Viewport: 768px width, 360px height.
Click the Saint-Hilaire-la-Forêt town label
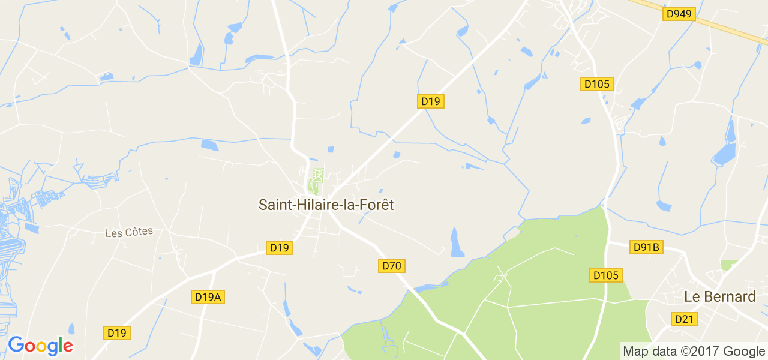(x=326, y=205)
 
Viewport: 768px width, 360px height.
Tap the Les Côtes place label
(x=129, y=232)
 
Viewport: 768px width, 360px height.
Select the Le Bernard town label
(x=719, y=296)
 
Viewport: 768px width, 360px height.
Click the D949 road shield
(x=679, y=13)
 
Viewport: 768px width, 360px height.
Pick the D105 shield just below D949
(x=597, y=84)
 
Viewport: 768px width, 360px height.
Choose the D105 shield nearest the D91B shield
(x=606, y=275)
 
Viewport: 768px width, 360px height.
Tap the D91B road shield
(x=646, y=247)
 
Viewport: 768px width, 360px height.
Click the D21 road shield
(x=684, y=319)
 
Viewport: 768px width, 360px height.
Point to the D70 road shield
(x=392, y=265)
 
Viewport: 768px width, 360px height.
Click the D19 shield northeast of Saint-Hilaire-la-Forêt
(x=430, y=101)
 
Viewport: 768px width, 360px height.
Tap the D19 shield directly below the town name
(x=279, y=247)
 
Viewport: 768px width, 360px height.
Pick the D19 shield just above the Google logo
(x=116, y=332)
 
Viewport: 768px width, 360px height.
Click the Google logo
(x=40, y=346)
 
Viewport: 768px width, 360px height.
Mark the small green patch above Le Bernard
(x=729, y=265)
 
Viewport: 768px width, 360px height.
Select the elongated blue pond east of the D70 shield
(x=457, y=242)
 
